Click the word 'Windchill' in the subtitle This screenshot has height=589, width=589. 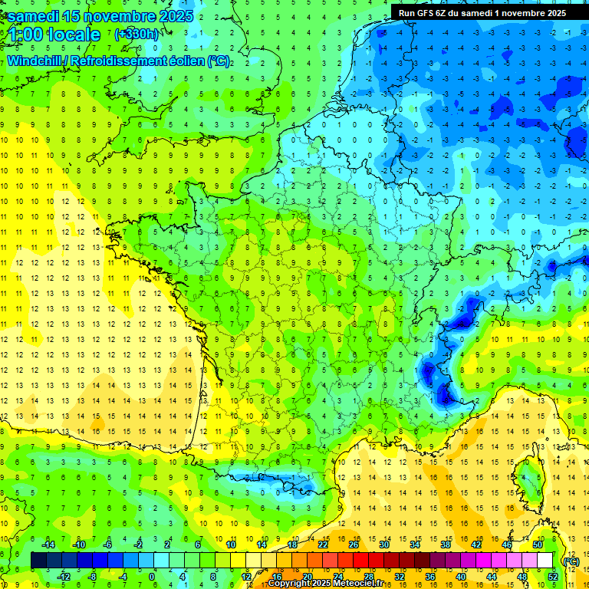(34, 61)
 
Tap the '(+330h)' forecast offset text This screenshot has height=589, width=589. (136, 35)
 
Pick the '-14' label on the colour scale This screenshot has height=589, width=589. (47, 544)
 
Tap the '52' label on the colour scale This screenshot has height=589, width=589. (553, 576)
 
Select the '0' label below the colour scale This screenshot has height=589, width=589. (152, 576)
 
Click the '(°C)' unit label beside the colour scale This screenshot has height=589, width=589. (571, 561)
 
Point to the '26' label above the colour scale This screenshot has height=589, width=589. (354, 544)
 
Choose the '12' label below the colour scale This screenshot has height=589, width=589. (246, 576)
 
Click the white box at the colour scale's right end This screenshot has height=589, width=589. (545, 560)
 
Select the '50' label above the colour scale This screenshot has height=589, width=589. (538, 544)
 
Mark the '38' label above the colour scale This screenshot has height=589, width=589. (446, 544)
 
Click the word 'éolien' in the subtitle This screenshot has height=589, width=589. (178, 61)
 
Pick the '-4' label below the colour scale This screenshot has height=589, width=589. (123, 576)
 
